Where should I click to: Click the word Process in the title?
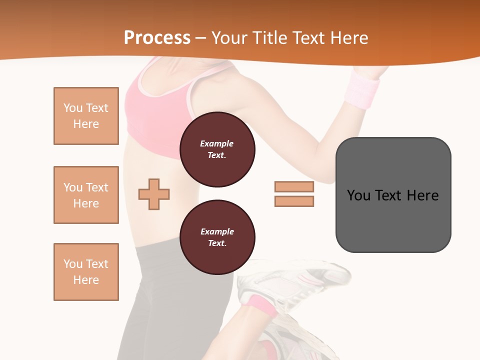pos(157,38)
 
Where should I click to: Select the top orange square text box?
pos(86,116)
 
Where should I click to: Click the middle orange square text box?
pos(86,195)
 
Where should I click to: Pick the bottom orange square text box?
pos(86,272)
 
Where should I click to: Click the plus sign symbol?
pos(154,194)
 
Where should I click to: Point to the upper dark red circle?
pos(217,149)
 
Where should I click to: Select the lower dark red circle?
pos(217,237)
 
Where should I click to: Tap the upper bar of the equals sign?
pos(294,187)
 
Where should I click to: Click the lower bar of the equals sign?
pos(294,201)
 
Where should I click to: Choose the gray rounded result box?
pos(393,195)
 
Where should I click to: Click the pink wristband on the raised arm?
pos(364,89)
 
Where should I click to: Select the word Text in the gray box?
pos(389,195)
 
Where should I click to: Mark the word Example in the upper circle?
pos(217,143)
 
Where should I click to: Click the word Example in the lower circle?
pos(217,231)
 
